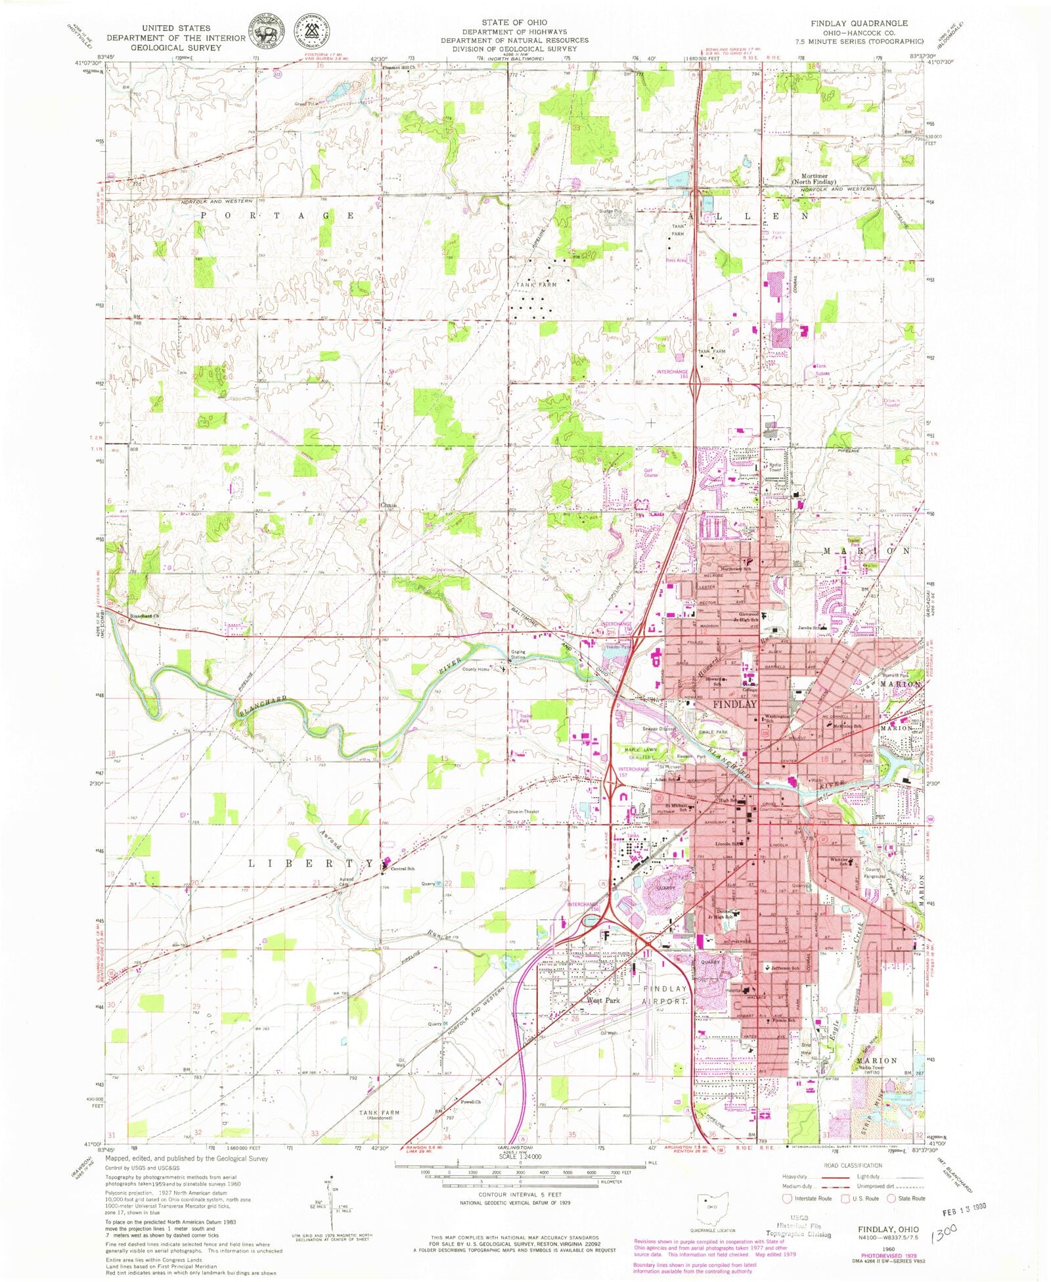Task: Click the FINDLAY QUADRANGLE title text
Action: (x=859, y=23)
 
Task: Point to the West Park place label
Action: (x=603, y=1000)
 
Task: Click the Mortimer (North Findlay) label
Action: (x=814, y=179)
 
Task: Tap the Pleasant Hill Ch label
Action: (x=399, y=68)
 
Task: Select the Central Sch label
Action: (x=402, y=869)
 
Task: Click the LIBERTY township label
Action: (x=310, y=863)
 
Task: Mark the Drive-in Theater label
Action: (x=523, y=812)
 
